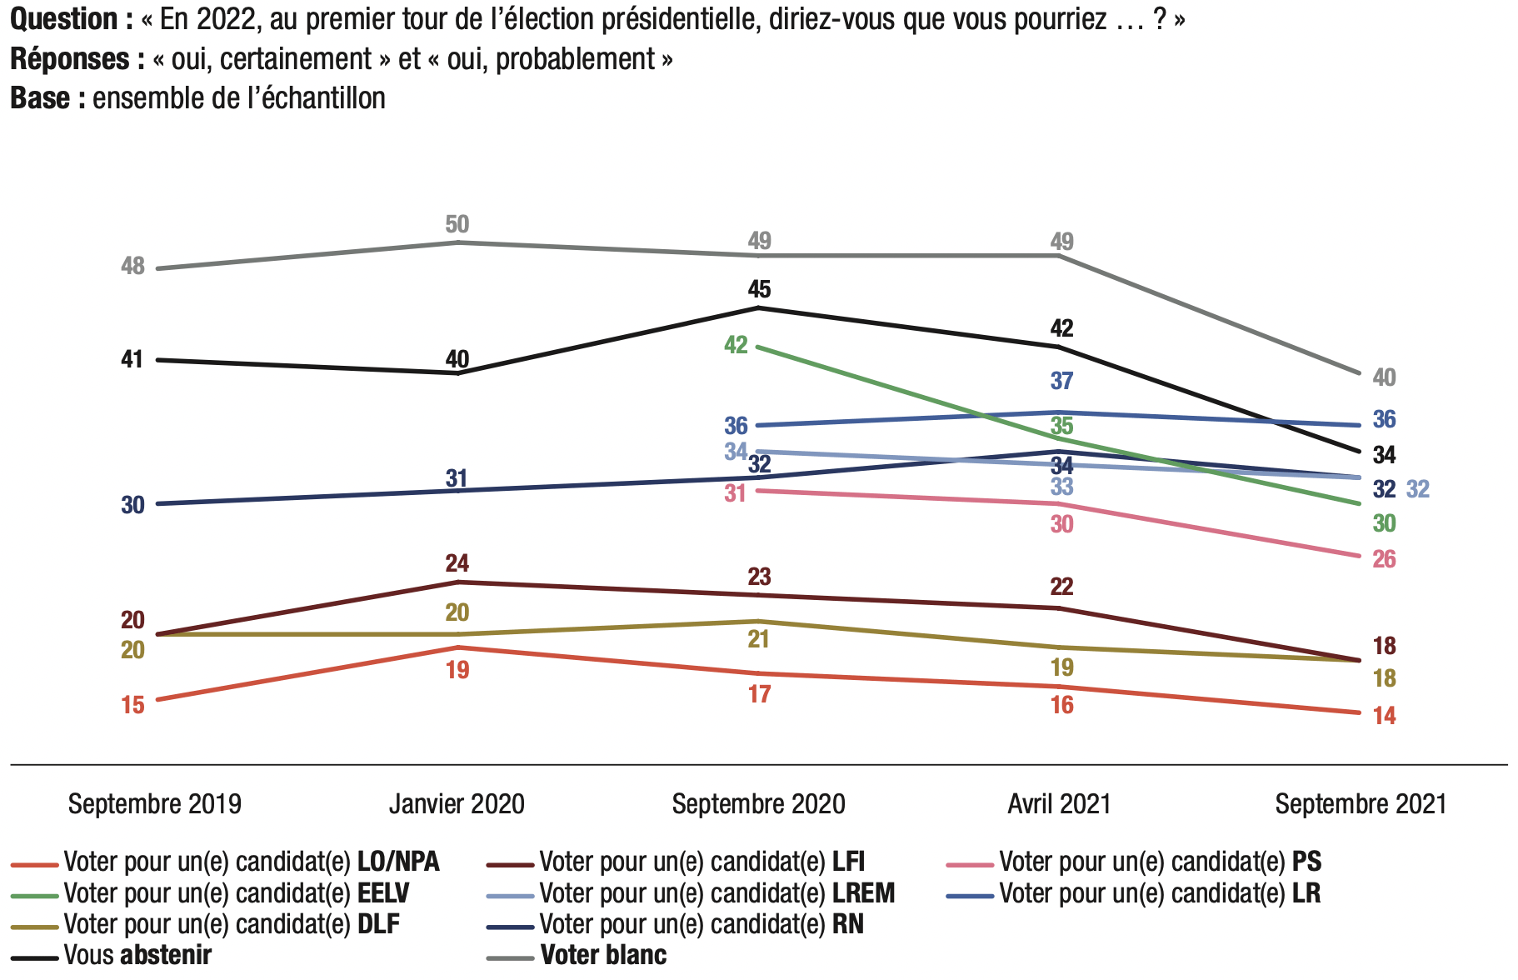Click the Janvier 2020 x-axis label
pyautogui.click(x=457, y=804)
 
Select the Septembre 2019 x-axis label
pyautogui.click(x=155, y=804)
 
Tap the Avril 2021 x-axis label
pyautogui.click(x=1059, y=804)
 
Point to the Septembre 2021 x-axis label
pyautogui.click(x=1361, y=804)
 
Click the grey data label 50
pyautogui.click(x=457, y=224)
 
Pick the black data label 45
pyautogui.click(x=759, y=289)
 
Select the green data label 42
pyautogui.click(x=736, y=345)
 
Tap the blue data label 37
pyautogui.click(x=1061, y=381)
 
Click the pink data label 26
pyautogui.click(x=1384, y=559)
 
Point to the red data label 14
pyautogui.click(x=1384, y=716)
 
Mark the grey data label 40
pyautogui.click(x=1384, y=377)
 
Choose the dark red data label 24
pyautogui.click(x=457, y=563)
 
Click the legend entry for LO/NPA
pyautogui.click(x=251, y=862)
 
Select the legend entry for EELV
pyautogui.click(x=236, y=893)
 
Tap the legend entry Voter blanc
pyautogui.click(x=603, y=955)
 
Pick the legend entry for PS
pyautogui.click(x=1160, y=862)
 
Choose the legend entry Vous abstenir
pyautogui.click(x=137, y=955)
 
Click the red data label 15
pyautogui.click(x=132, y=705)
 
